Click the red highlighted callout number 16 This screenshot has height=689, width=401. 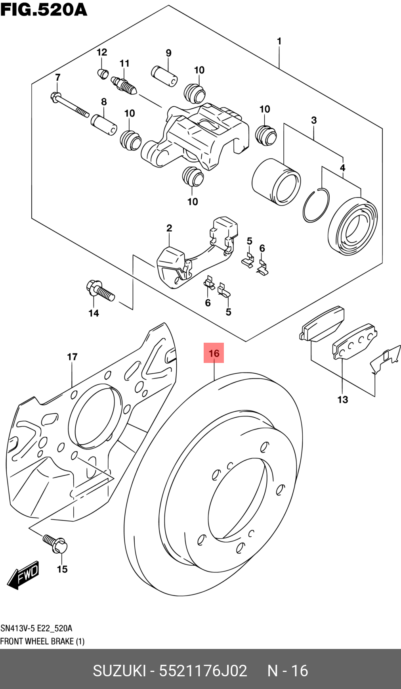click(x=214, y=353)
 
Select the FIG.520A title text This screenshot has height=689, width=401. click(x=44, y=9)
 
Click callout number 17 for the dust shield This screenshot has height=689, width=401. click(x=72, y=357)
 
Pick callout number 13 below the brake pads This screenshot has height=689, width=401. click(x=343, y=399)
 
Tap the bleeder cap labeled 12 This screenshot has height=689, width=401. click(x=103, y=73)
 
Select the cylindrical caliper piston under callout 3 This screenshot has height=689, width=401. click(x=276, y=182)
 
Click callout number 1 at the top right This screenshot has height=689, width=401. click(x=279, y=41)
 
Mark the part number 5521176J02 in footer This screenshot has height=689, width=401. click(x=203, y=671)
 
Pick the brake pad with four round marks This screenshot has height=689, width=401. click(x=355, y=341)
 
